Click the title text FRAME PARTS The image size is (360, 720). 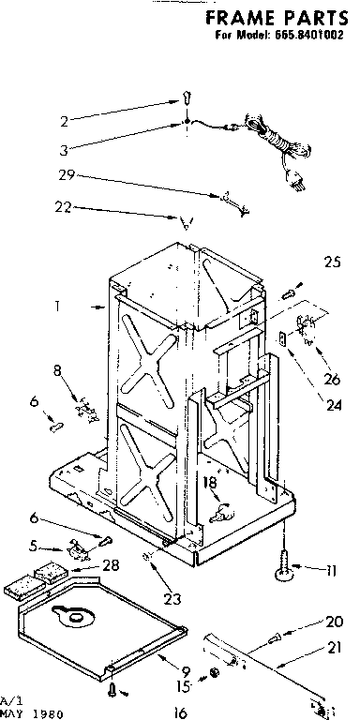[x=286, y=16]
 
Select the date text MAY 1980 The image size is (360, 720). [x=33, y=712]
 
